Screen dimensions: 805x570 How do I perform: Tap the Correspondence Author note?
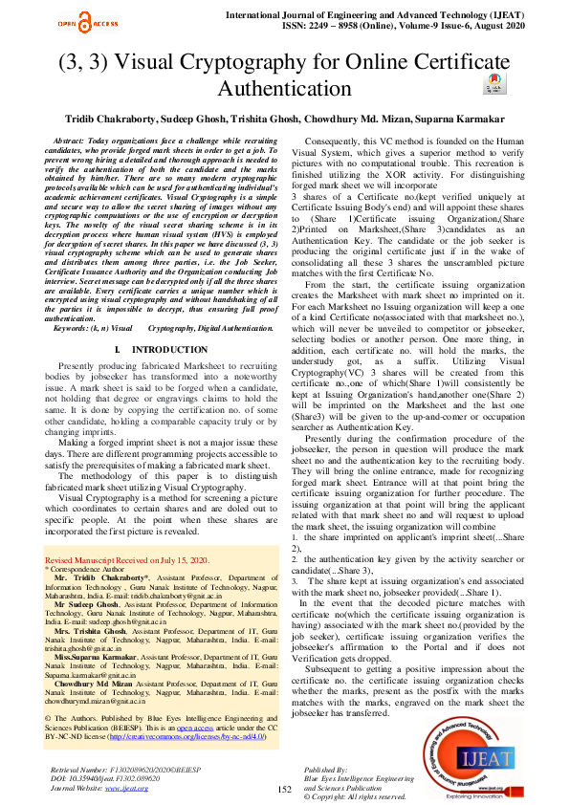92,568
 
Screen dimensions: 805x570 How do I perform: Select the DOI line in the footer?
104,777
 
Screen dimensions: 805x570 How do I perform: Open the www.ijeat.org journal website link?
138,787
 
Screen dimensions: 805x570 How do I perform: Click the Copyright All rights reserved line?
355,796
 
